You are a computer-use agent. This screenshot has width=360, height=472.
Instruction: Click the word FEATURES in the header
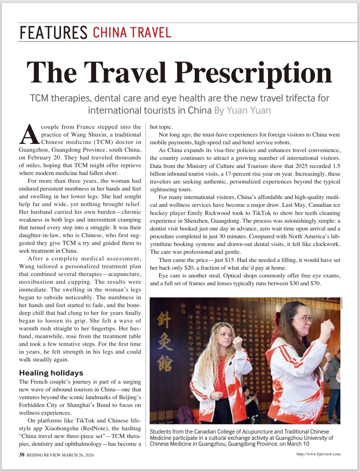pyautogui.click(x=53, y=33)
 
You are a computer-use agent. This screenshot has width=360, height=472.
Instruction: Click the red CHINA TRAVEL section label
pyautogui.click(x=132, y=33)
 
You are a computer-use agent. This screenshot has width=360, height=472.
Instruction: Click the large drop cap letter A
pyautogui.click(x=29, y=135)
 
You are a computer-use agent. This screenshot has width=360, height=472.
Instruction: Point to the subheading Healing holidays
pyautogui.click(x=51, y=373)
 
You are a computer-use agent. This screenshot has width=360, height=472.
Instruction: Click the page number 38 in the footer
pyautogui.click(x=22, y=455)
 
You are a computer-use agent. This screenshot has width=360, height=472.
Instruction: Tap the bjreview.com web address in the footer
pyautogui.click(x=318, y=454)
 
